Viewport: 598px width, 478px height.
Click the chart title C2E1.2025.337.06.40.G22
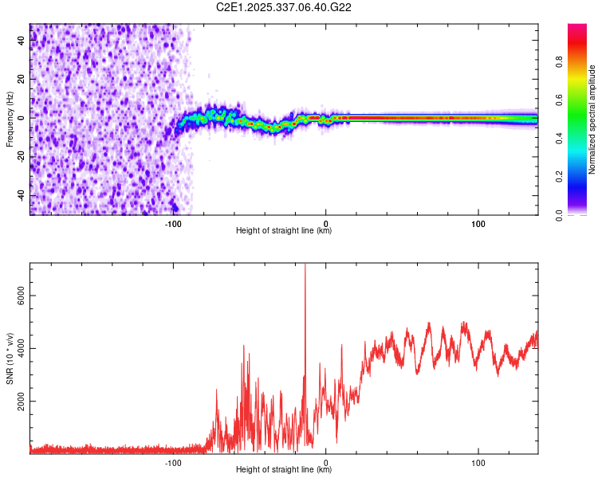284,8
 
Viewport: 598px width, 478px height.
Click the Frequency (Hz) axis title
10,119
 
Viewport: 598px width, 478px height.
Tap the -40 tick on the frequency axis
20,195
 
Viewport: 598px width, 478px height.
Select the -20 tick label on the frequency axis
20,156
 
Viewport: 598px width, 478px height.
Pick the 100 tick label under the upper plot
478,223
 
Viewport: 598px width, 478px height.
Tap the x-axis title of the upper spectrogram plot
284,231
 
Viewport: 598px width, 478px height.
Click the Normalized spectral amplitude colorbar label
592,119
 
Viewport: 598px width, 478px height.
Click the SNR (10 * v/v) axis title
10,358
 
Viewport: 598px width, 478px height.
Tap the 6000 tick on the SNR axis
20,295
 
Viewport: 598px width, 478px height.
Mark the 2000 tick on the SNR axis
20,401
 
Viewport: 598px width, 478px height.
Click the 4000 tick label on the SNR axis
20,348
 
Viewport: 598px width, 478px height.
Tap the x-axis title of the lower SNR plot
284,470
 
